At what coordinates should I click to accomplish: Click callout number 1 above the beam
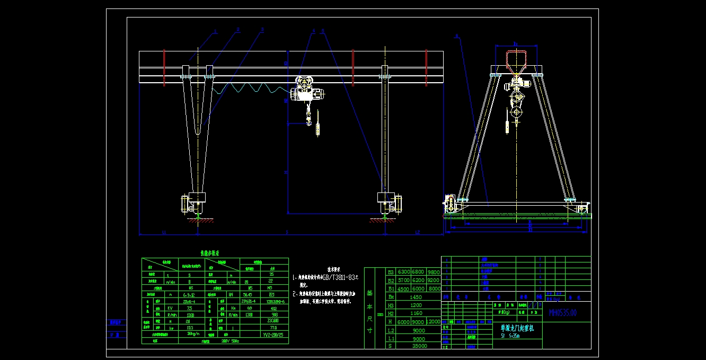[x=216, y=32]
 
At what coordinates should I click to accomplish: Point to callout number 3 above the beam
[x=262, y=30]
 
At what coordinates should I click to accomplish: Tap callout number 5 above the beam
[x=322, y=31]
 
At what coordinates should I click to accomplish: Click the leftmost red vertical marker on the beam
[x=164, y=67]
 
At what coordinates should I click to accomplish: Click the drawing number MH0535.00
[x=562, y=313]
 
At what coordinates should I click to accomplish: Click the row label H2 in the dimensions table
[x=391, y=314]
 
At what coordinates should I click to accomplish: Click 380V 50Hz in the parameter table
[x=230, y=341]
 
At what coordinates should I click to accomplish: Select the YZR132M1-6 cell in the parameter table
[x=275, y=301]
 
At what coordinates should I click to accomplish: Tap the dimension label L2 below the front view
[x=417, y=232]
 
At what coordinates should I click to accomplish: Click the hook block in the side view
[x=515, y=112]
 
